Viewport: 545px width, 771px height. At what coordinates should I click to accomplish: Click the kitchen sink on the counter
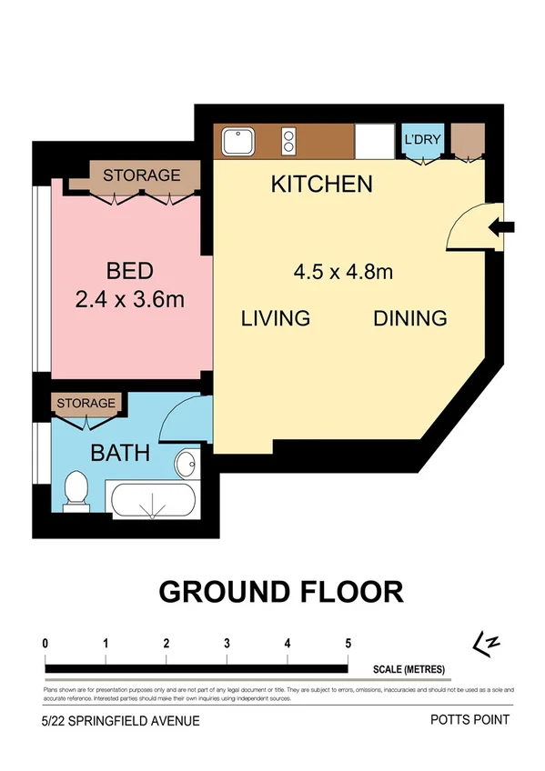point(238,141)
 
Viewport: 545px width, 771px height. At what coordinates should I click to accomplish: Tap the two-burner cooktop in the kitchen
point(289,141)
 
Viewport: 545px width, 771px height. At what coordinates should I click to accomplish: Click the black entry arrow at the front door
point(502,227)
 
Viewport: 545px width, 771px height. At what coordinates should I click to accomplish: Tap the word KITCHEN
point(322,185)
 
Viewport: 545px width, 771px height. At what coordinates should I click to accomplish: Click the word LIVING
point(276,318)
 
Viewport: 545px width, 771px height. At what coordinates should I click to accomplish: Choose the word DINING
point(409,318)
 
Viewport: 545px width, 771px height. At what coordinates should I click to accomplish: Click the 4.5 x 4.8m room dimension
point(343,271)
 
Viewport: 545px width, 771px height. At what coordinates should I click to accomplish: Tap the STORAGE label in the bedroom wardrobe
point(141,175)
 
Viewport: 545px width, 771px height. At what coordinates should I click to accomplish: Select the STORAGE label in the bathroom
point(86,403)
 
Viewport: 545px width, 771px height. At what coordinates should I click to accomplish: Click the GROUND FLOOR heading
point(281,591)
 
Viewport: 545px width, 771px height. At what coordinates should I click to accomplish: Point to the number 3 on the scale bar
point(227,644)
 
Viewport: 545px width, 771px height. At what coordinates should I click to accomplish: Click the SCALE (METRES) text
point(409,670)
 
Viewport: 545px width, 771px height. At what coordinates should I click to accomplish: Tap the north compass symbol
point(489,644)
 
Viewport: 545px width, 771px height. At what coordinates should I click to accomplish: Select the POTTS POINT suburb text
point(469,720)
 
